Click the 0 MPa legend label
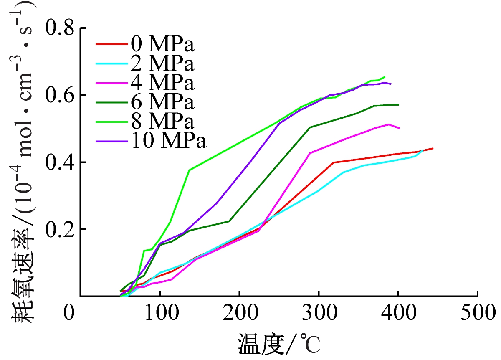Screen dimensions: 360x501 (162, 43)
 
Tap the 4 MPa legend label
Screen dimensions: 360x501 (162, 83)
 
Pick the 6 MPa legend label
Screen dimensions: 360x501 (162, 102)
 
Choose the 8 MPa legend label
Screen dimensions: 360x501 (162, 122)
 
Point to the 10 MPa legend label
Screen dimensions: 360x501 (169, 142)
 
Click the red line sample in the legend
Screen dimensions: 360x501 (111, 43)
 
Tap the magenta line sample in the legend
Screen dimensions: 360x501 (111, 83)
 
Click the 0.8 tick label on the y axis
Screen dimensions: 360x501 (61, 28)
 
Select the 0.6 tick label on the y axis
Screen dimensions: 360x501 (61, 95)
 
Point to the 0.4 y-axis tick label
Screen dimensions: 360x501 (61, 162)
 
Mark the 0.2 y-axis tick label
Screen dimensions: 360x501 (61, 229)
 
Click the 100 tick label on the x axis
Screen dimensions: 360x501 (160, 313)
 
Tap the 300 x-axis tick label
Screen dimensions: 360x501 (319, 313)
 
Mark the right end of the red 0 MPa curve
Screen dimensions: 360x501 (433, 148)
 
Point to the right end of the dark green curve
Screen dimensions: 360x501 (399, 105)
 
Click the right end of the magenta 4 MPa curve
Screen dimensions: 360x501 (400, 128)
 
